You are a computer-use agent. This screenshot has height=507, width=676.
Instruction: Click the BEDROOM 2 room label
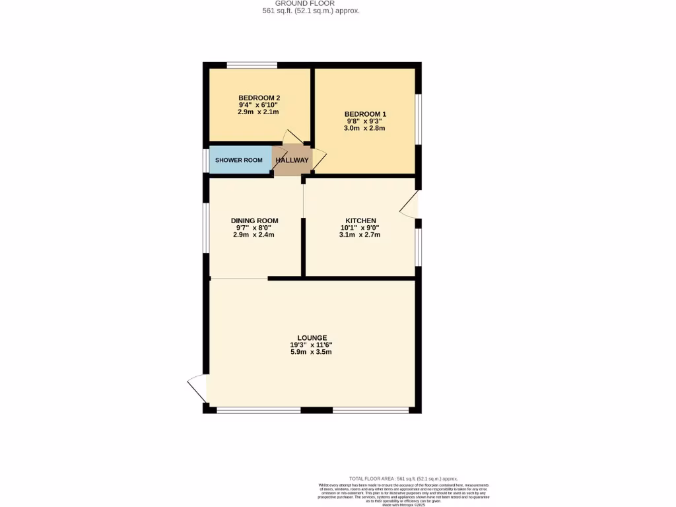254,98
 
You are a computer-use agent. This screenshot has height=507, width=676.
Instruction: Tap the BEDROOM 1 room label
364,114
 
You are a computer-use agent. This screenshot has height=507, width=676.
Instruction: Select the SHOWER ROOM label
238,160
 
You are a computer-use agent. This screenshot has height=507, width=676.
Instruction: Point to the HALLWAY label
292,160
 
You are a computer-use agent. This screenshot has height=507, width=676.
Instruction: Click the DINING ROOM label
254,220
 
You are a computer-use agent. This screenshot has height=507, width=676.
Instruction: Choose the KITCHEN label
360,220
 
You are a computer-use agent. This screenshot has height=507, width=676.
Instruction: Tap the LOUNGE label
312,337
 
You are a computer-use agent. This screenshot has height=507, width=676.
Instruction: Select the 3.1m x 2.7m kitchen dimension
360,235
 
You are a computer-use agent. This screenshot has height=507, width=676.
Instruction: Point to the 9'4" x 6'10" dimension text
254,105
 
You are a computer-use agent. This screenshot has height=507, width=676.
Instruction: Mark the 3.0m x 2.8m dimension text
364,128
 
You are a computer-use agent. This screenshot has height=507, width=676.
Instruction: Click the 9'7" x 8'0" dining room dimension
254,228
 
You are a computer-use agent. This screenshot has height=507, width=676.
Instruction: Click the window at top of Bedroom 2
252,65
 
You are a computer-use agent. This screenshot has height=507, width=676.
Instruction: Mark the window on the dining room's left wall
206,228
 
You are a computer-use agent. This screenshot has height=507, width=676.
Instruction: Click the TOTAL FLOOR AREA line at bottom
403,479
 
